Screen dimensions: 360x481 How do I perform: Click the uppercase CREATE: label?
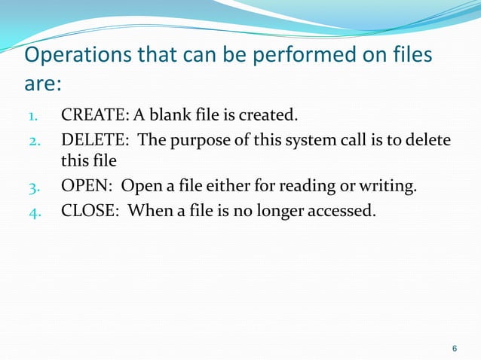(x=93, y=115)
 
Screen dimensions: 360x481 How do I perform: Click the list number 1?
(x=34, y=117)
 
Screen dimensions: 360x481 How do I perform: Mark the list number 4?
(x=35, y=210)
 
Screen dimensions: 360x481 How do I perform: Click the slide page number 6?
(x=454, y=348)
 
